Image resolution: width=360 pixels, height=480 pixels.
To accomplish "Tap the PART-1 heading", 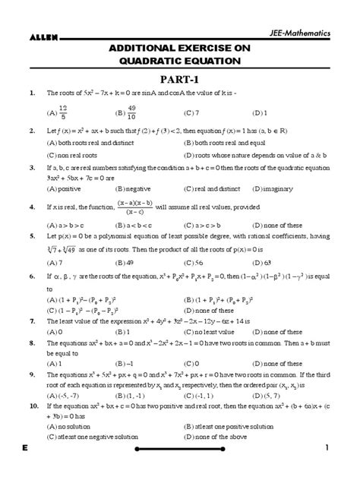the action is (x=179, y=77).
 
